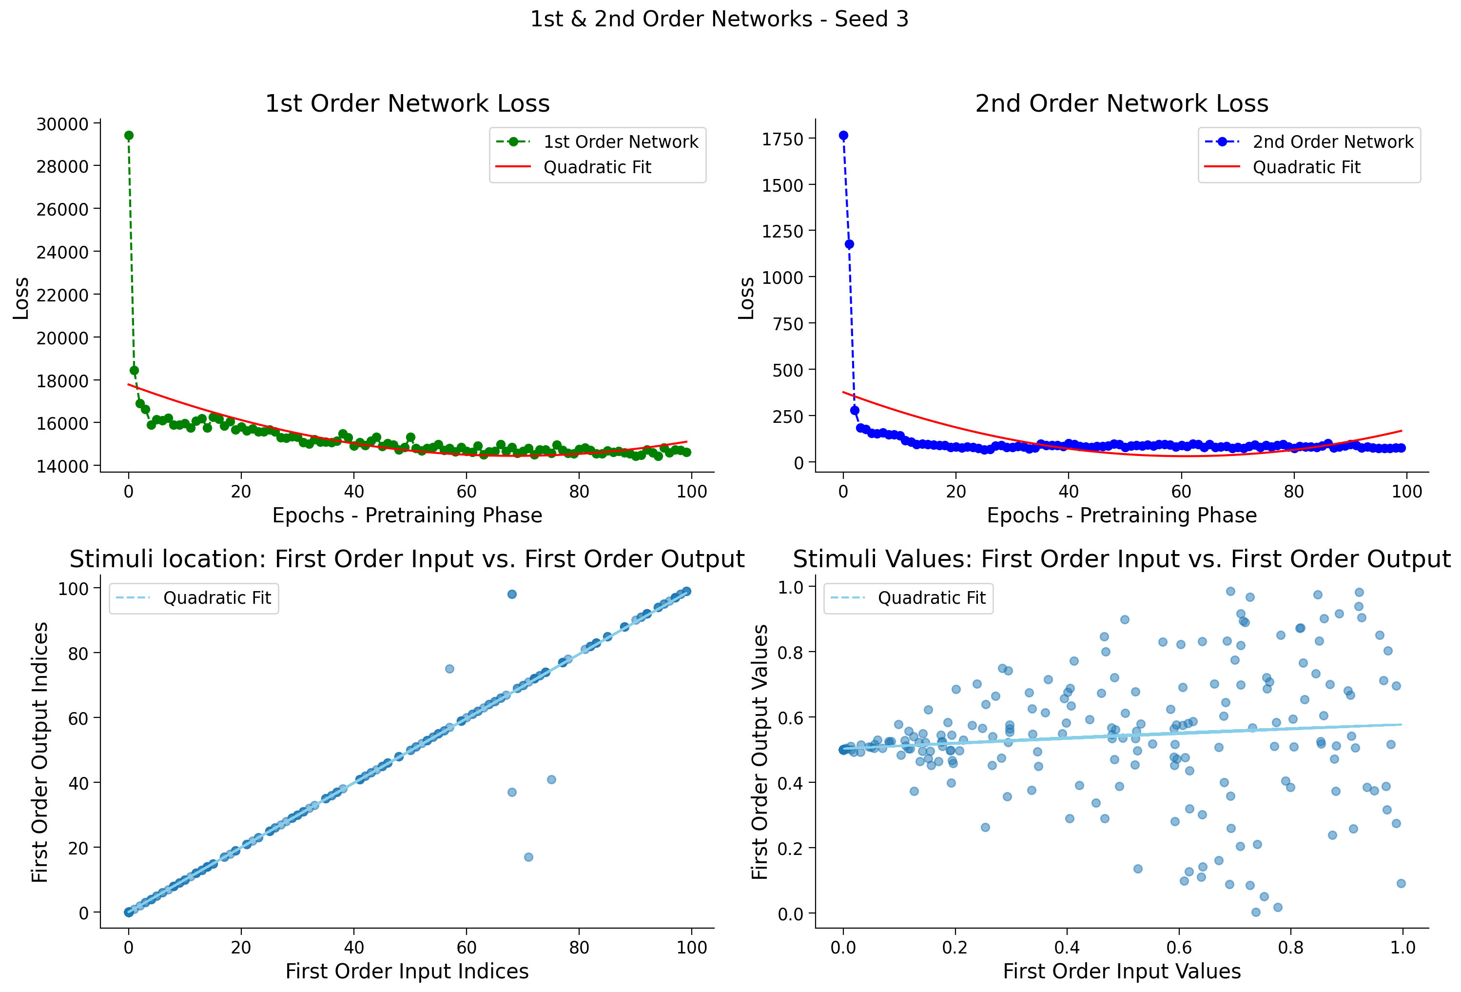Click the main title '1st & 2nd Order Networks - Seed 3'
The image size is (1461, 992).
719,20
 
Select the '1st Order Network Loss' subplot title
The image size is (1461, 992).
408,104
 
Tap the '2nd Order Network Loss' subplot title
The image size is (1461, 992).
1122,104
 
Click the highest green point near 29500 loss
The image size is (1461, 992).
129,135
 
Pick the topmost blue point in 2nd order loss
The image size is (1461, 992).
844,135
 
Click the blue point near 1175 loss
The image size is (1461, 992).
849,244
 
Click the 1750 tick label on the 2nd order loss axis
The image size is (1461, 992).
783,139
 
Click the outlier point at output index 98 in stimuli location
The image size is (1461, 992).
512,595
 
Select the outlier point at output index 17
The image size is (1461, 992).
529,857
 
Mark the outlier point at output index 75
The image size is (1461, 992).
449,669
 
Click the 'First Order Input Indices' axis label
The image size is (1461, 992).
408,971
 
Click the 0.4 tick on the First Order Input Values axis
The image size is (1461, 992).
1067,947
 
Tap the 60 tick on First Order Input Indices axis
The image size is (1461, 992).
467,947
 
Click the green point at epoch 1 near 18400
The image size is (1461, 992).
134,371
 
